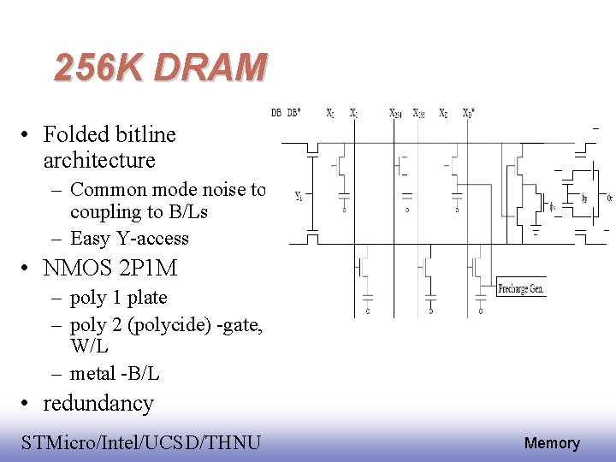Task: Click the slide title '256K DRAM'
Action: coord(160,68)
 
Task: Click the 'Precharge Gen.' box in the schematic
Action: coord(520,289)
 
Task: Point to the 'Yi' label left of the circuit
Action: coord(299,196)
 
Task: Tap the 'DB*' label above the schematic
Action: coord(293,113)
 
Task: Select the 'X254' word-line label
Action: coord(396,113)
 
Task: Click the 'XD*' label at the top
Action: coord(469,113)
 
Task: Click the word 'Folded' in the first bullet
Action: coord(74,134)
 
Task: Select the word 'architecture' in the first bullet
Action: coord(98,160)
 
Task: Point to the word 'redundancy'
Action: coord(98,403)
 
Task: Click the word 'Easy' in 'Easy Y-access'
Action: coord(90,238)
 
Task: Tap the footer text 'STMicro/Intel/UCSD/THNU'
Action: coord(141,442)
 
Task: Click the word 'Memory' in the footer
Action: coord(552,443)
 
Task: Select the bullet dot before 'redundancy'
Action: coord(29,404)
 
